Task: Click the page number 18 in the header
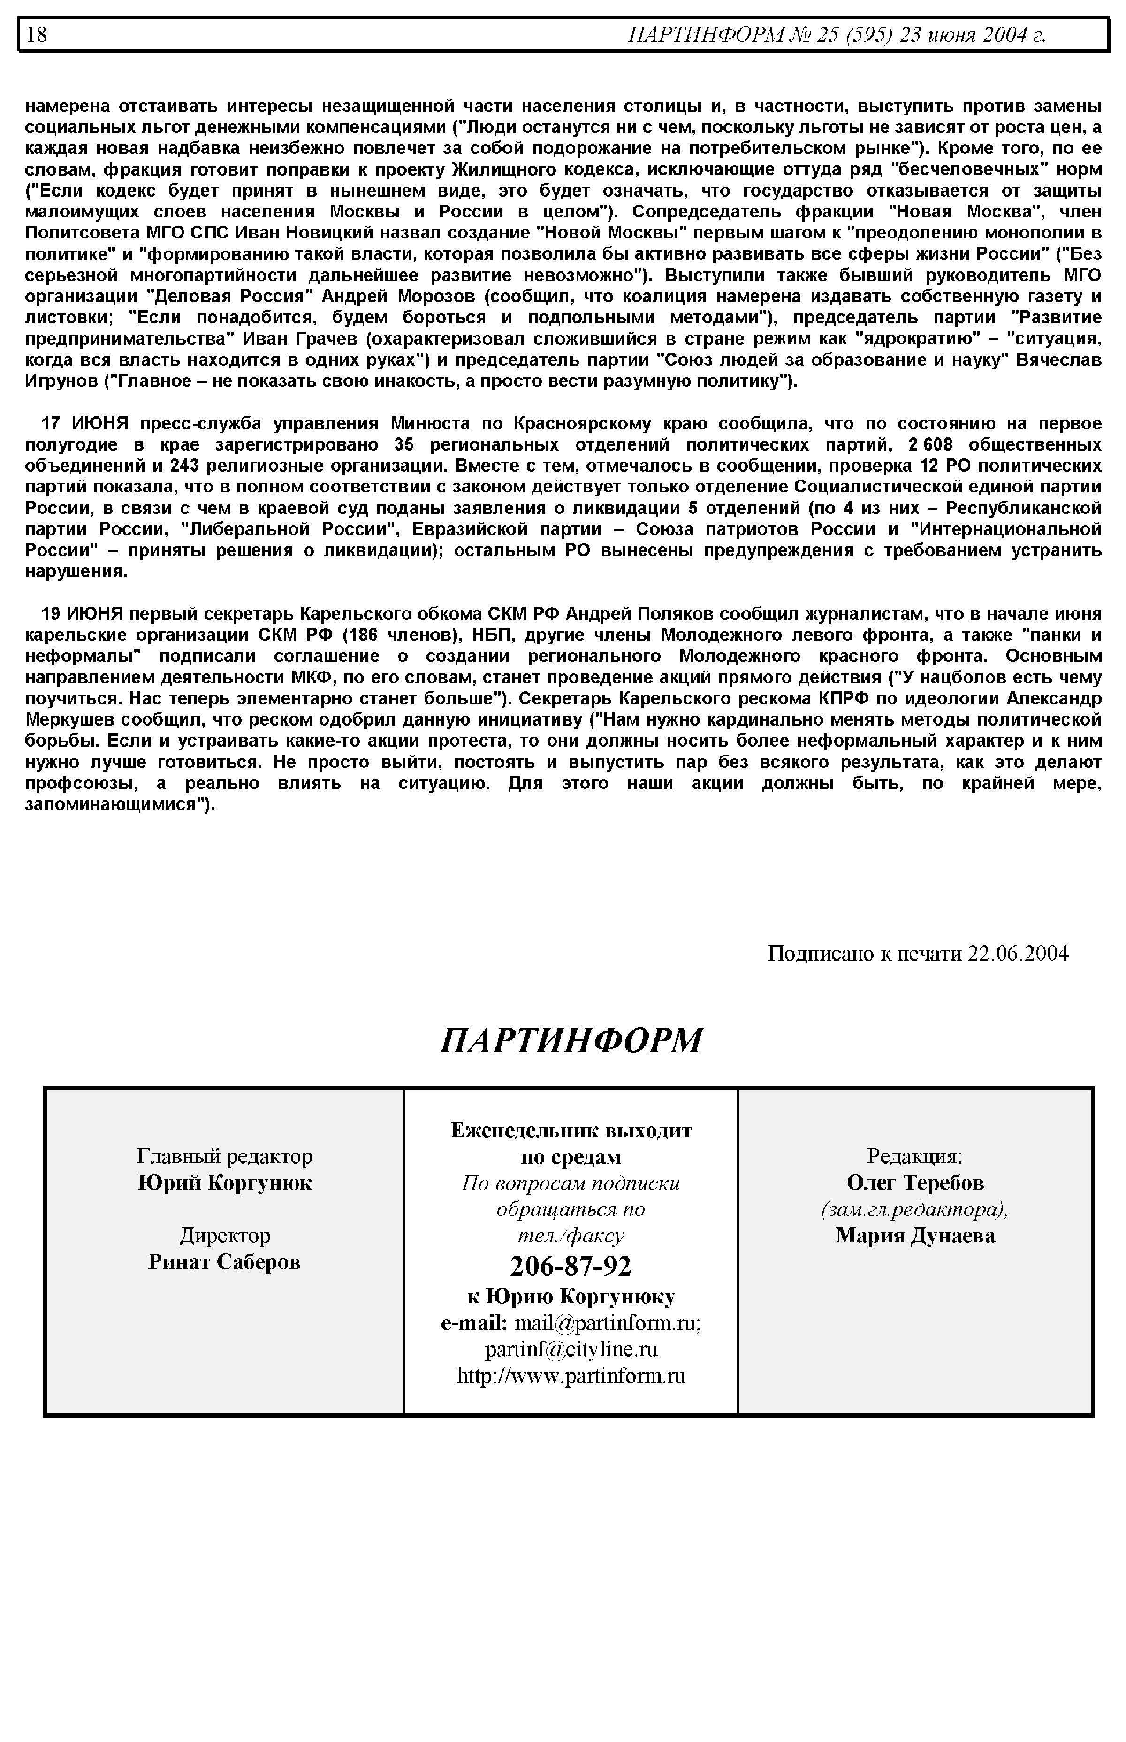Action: pos(37,34)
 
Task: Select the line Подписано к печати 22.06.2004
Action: pos(918,954)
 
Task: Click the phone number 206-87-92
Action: pos(571,1265)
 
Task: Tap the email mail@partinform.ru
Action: pos(608,1323)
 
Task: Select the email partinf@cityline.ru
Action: pos(571,1349)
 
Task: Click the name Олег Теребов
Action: pos(915,1183)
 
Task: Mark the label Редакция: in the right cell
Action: pos(915,1156)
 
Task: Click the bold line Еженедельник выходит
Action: pos(571,1131)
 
